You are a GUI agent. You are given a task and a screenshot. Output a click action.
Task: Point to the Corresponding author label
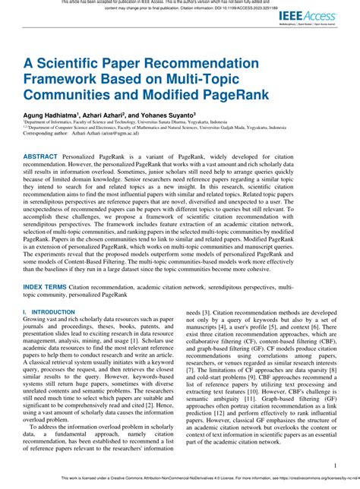click(x=44, y=134)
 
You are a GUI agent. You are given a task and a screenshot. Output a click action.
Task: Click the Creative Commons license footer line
click(x=180, y=479)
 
